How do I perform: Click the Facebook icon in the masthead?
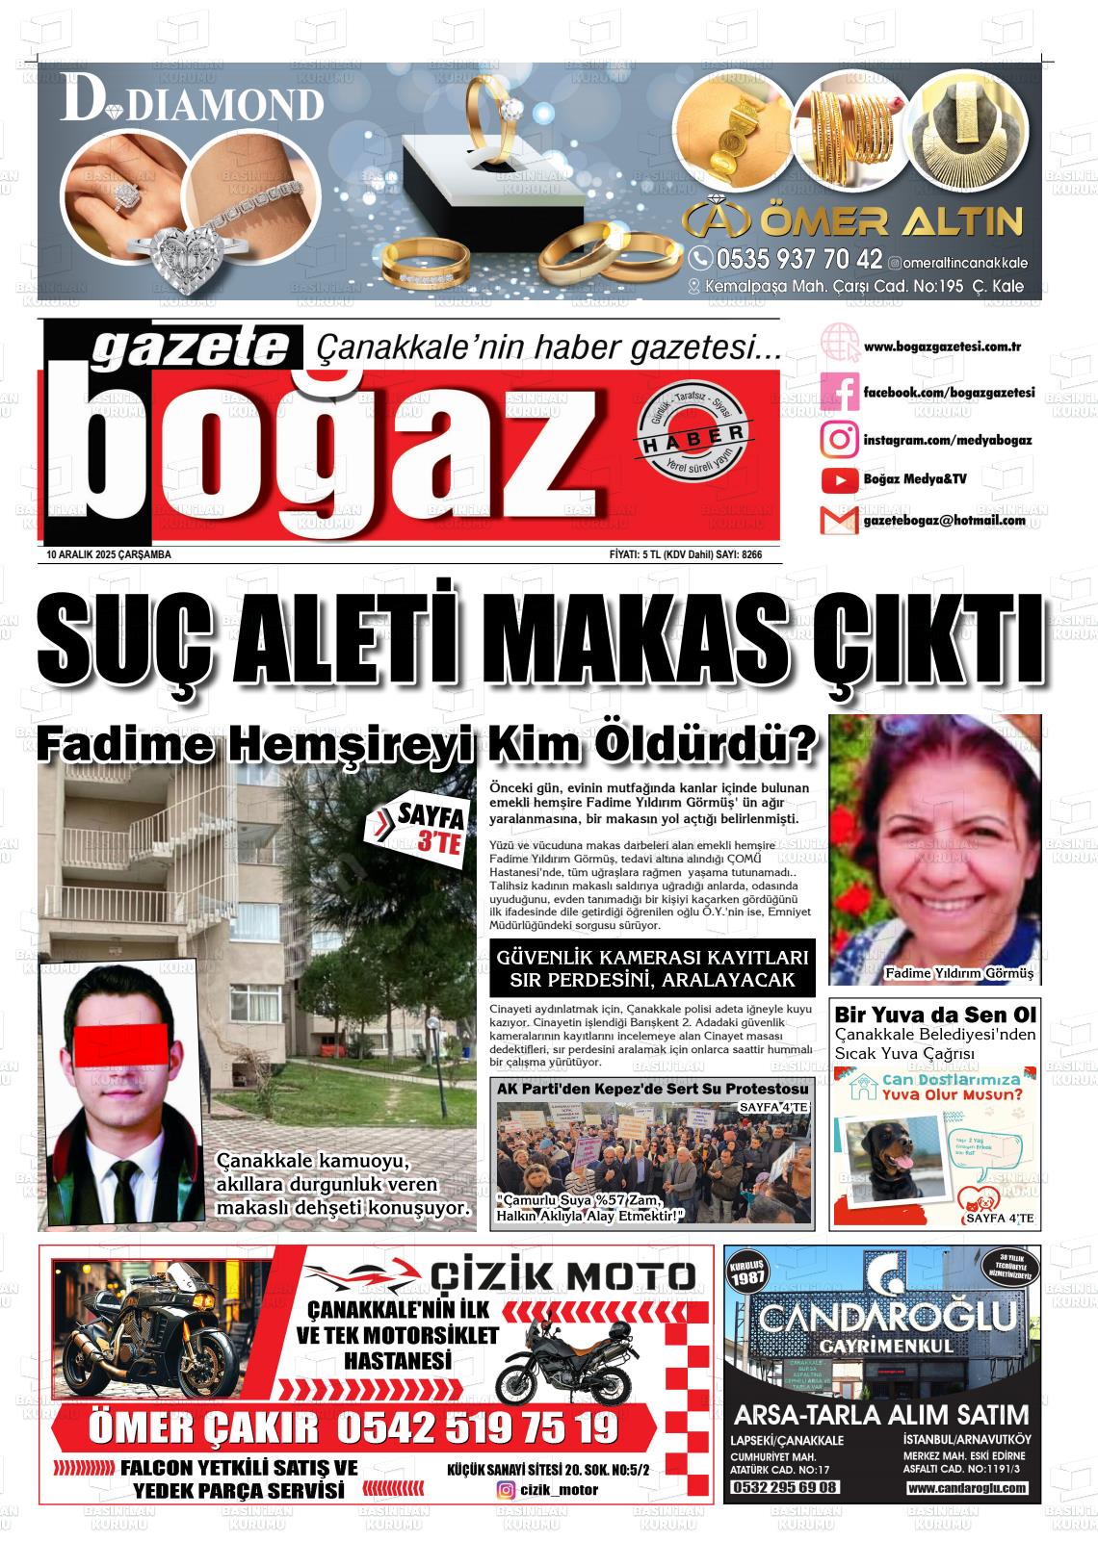click(839, 393)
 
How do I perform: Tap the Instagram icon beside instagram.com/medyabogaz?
click(839, 439)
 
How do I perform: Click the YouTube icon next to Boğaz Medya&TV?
click(839, 479)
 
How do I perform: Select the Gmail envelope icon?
click(839, 521)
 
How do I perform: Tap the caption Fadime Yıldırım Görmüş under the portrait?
click(957, 973)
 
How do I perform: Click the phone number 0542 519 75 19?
click(477, 1427)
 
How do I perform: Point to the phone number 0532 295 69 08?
click(785, 1487)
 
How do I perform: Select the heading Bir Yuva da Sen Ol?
click(934, 1015)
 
